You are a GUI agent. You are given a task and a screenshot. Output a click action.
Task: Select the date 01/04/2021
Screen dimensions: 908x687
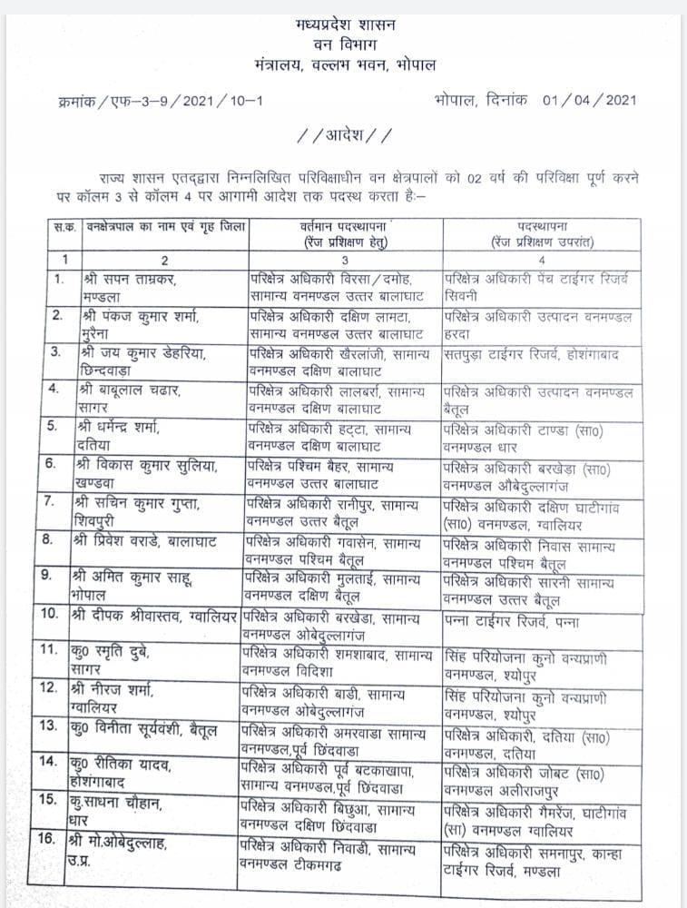pyautogui.click(x=590, y=100)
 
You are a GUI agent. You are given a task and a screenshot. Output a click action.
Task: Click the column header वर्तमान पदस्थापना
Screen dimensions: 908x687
pyautogui.click(x=346, y=225)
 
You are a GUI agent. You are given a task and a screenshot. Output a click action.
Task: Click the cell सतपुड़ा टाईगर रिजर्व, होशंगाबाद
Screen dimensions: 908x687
pyautogui.click(x=531, y=355)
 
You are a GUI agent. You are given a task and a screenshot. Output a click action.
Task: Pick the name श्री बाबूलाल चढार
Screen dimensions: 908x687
pyautogui.click(x=132, y=391)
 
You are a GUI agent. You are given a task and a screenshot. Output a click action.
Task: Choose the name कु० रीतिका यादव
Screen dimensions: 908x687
pyautogui.click(x=120, y=765)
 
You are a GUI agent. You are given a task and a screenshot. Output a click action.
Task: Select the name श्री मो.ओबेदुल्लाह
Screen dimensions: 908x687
pyautogui.click(x=127, y=843)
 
